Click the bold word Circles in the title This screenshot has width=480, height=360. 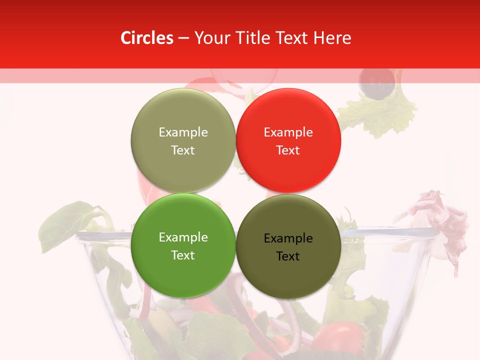tap(146, 38)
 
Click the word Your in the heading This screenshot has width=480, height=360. tap(209, 38)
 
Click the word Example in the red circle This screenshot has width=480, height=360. tap(288, 132)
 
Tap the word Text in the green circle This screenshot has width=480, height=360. tap(183, 255)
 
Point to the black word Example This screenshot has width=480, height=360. tap(288, 238)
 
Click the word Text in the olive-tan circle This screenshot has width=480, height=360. tap(183, 150)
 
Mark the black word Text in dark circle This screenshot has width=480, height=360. tap(288, 256)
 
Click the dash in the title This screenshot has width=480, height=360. tap(183, 38)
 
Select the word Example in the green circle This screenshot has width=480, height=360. tap(183, 237)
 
